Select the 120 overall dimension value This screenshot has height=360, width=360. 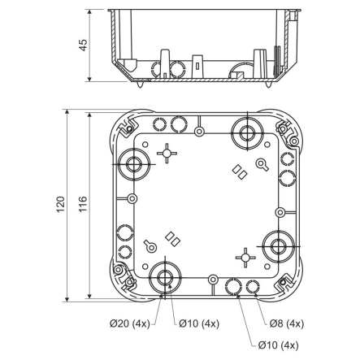[x=59, y=205]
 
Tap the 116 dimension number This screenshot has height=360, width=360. [x=81, y=205]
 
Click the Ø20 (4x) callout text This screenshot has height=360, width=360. [x=130, y=323]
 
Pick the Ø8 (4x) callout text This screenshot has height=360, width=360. [x=286, y=323]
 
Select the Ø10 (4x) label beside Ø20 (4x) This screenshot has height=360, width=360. [x=199, y=323]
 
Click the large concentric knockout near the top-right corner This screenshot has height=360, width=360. [x=245, y=131]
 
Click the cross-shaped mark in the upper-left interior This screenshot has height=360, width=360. [x=166, y=152]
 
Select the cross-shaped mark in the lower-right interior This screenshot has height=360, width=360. [x=243, y=256]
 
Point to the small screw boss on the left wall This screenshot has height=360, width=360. [x=130, y=198]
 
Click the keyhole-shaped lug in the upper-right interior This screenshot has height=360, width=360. [x=262, y=165]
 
